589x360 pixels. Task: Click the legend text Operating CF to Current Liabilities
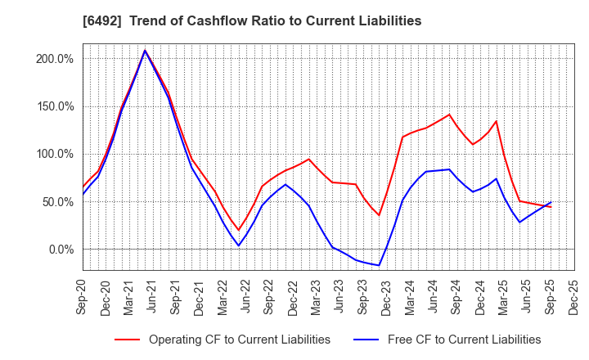click(x=239, y=340)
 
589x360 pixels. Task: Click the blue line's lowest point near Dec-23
click(x=379, y=265)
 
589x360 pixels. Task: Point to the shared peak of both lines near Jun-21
click(x=146, y=51)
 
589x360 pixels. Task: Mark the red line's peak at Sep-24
click(x=449, y=115)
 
